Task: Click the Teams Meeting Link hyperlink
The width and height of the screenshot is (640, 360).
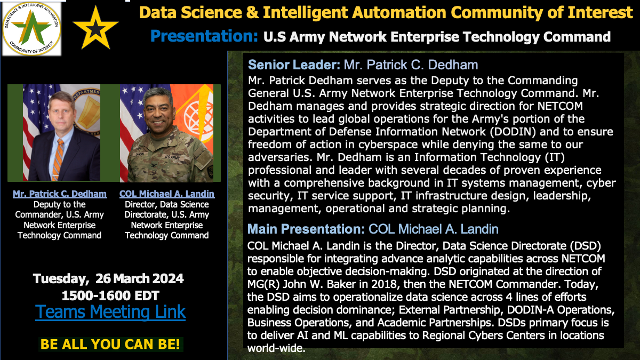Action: click(110, 311)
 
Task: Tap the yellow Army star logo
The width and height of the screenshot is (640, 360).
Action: click(95, 28)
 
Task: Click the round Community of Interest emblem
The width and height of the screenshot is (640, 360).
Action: click(31, 29)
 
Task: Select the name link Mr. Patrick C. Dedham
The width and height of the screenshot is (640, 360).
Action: click(60, 194)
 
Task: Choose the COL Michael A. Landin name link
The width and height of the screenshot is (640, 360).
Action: click(167, 194)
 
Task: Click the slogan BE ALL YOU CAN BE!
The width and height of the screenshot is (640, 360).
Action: click(110, 344)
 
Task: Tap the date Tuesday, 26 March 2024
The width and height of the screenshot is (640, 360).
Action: click(109, 278)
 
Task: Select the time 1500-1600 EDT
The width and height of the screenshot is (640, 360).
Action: click(110, 295)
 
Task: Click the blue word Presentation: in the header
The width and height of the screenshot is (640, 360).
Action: click(204, 36)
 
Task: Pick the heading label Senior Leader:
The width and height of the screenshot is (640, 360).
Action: click(294, 65)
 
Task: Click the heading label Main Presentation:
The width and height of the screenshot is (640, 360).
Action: click(306, 229)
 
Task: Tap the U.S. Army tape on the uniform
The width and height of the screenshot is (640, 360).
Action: click(172, 157)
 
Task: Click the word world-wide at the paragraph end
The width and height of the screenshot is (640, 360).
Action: click(276, 348)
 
